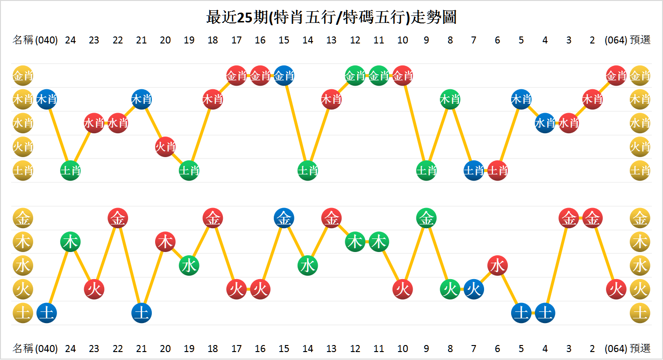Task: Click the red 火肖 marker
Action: tap(165, 147)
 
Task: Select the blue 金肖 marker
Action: tap(284, 75)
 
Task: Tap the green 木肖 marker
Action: tap(450, 99)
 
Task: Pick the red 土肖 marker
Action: tap(498, 171)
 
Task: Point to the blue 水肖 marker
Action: tap(545, 123)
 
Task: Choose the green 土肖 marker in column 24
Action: tap(71, 171)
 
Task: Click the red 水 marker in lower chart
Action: tap(498, 266)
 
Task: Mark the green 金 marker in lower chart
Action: tap(426, 218)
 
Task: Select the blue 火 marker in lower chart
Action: tap(474, 289)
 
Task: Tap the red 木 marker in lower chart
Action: tap(165, 242)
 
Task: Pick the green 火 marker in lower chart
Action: tap(450, 289)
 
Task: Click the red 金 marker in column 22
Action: tap(118, 218)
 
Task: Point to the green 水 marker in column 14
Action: tap(308, 266)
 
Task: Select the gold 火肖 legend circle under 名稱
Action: tap(23, 147)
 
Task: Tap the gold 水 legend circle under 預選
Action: tap(640, 266)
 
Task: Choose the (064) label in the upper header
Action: tap(615, 40)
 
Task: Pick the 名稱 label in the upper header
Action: tap(23, 40)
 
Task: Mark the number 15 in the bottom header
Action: tap(284, 348)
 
